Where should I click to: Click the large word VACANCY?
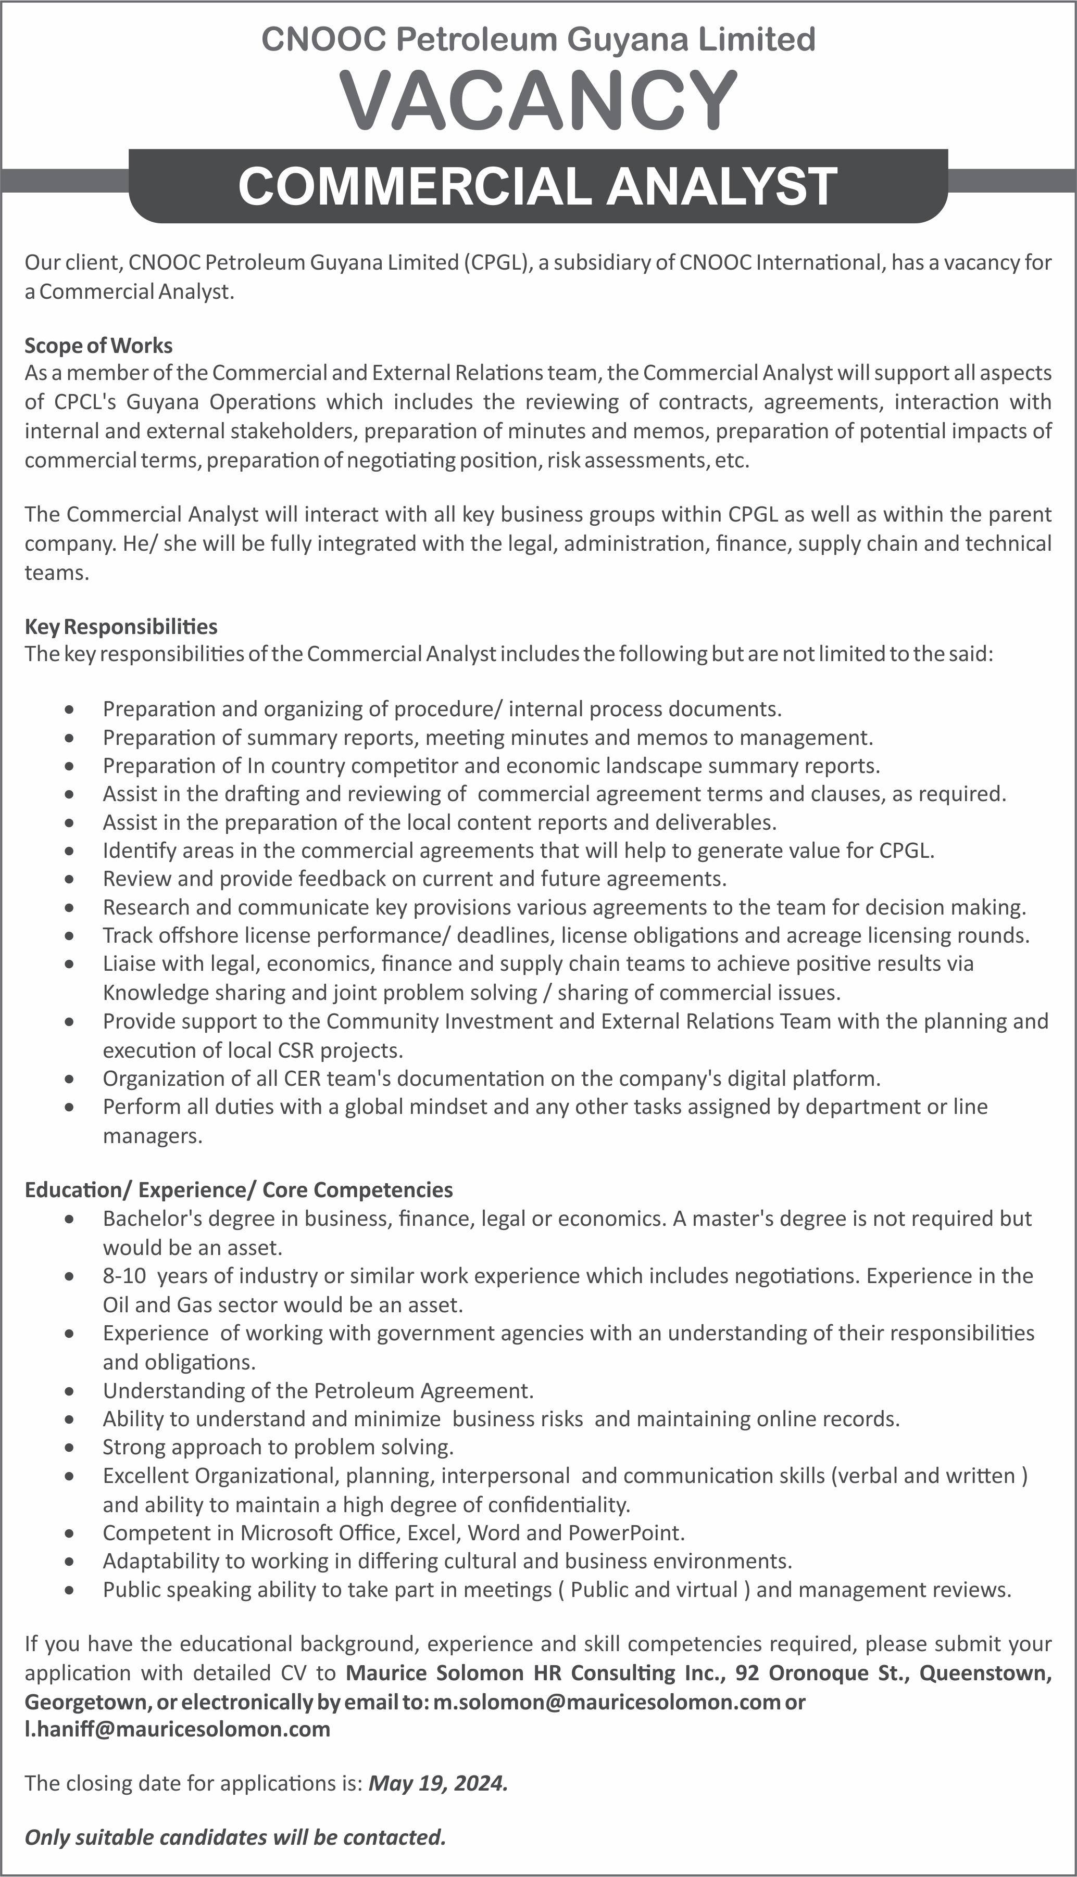(538, 100)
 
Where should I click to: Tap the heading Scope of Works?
(98, 345)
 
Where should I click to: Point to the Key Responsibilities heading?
(121, 626)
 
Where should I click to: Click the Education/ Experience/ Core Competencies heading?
(238, 1189)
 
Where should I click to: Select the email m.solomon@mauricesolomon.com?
(607, 1702)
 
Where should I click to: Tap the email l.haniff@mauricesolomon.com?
(178, 1729)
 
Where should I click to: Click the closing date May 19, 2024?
(438, 1783)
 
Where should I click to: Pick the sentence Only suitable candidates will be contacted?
(235, 1837)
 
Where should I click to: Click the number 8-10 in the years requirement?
(124, 1275)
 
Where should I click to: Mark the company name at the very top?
(538, 39)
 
